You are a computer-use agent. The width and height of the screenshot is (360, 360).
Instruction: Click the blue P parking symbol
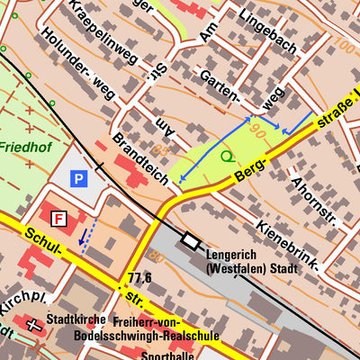pos(78,179)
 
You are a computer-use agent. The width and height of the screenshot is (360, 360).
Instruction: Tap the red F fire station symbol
pos(59,219)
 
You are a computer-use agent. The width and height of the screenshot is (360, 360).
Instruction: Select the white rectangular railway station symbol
pos(190,240)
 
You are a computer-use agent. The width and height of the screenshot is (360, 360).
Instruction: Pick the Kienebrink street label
pos(287,244)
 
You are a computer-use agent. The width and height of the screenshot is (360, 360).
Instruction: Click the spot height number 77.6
pos(139,277)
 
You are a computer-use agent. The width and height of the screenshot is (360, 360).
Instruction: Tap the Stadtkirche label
pos(76,319)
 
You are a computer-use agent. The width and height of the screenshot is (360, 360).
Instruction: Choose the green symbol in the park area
pos(226,156)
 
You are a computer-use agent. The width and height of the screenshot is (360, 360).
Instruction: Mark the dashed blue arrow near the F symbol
pos(84,237)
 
